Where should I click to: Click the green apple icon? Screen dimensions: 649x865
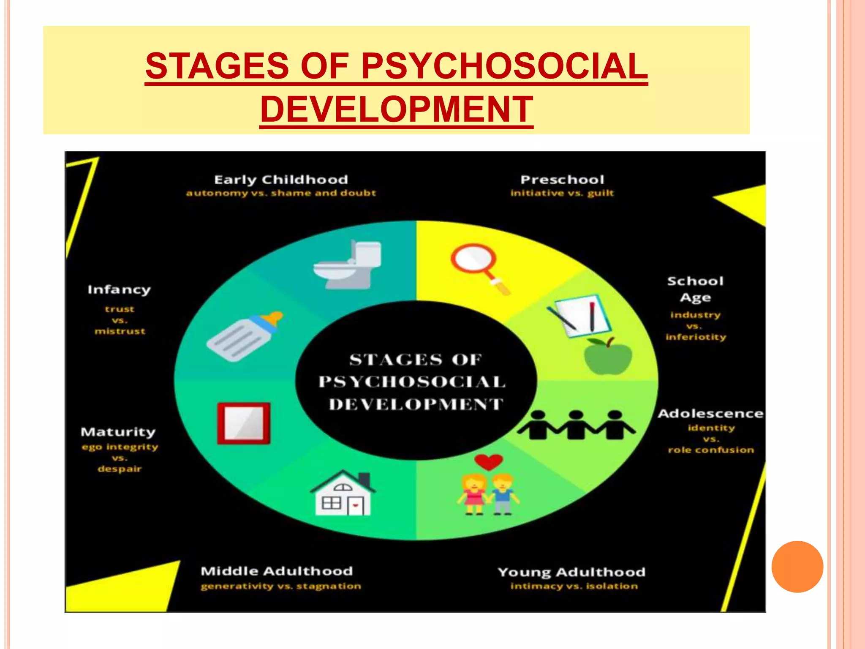click(608, 357)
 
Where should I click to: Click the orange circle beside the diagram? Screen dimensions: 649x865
click(797, 567)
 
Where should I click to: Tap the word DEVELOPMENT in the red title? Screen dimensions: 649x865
click(397, 109)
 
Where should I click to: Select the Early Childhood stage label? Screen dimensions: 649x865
click(281, 180)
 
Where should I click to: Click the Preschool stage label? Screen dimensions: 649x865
click(562, 180)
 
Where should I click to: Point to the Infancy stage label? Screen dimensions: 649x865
click(119, 290)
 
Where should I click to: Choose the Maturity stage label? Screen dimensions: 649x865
click(118, 432)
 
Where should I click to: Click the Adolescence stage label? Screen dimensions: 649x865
click(710, 414)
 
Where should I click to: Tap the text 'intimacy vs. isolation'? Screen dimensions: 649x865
click(574, 586)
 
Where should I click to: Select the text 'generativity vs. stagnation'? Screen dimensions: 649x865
click(281, 586)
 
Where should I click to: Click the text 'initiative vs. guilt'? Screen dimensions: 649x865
click(562, 193)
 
